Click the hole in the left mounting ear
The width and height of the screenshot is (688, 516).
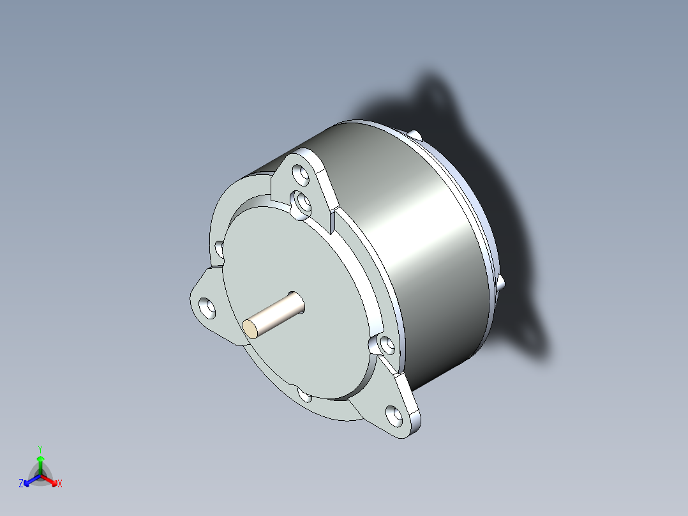[x=206, y=307]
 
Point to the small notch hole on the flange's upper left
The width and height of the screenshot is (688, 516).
[x=219, y=248]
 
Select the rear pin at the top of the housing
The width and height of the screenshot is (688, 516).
[x=416, y=135]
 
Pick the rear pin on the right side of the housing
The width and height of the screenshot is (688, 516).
[x=500, y=282]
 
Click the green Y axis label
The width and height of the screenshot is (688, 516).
[x=40, y=448]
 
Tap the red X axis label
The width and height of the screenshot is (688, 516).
[x=60, y=484]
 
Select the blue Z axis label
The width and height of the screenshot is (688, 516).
[x=21, y=483]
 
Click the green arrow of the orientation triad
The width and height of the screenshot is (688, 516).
[x=40, y=463]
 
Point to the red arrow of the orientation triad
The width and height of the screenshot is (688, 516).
[x=50, y=480]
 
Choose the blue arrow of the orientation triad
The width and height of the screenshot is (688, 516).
[x=30, y=480]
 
